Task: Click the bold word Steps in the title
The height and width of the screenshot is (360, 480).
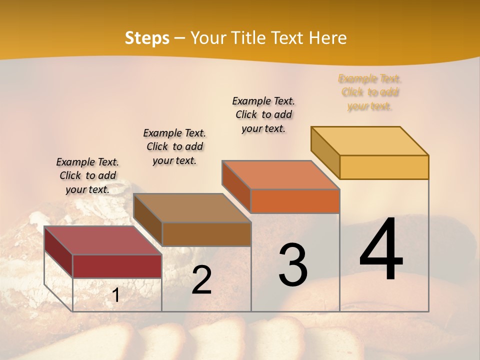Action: pyautogui.click(x=146, y=38)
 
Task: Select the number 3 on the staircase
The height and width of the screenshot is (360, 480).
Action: pyautogui.click(x=293, y=265)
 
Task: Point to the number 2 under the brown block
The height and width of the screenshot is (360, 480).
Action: pyautogui.click(x=201, y=280)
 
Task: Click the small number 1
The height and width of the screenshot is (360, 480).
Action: pyautogui.click(x=116, y=295)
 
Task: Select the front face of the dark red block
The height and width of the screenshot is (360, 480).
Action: pyautogui.click(x=117, y=266)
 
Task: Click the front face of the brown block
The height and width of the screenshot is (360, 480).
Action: pyautogui.click(x=206, y=234)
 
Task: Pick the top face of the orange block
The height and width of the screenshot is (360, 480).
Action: pyautogui.click(x=280, y=175)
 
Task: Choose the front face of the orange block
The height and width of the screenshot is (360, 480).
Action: pyautogui.click(x=295, y=201)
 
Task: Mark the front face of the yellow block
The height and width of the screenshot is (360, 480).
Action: pyautogui.click(x=384, y=167)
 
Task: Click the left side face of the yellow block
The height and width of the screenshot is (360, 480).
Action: pyautogui.click(x=325, y=152)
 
